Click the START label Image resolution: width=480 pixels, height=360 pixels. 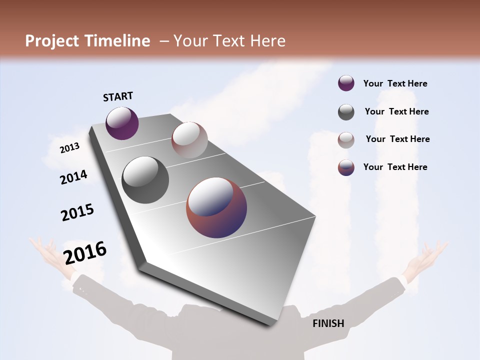118,96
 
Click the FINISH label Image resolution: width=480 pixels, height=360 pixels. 328,323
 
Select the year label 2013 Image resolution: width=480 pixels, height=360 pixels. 70,148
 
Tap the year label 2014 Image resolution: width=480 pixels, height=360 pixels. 74,177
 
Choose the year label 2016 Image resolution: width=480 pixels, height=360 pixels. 85,252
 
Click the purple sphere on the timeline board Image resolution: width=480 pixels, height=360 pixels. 122,123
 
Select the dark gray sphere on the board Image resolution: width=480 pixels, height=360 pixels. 145,180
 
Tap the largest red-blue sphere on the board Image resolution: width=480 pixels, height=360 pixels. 216,207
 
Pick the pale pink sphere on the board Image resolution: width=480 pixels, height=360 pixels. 189,140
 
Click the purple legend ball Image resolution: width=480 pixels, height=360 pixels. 346,83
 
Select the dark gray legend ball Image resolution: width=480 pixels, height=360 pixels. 346,112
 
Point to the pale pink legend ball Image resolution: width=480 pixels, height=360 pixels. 346,139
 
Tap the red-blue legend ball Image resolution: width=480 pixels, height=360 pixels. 346,167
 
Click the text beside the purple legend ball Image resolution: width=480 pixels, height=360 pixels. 395,83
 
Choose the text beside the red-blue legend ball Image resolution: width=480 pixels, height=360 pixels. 395,167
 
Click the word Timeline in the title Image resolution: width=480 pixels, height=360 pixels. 118,41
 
